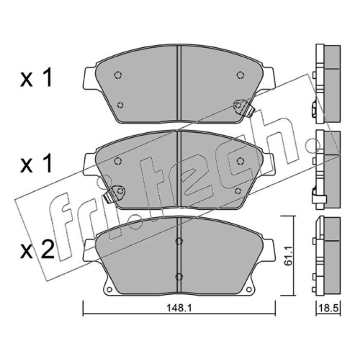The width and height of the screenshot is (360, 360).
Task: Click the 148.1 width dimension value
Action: point(179,308)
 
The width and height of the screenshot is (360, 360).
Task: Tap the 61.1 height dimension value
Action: point(288,256)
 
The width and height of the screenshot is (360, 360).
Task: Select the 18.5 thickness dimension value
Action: point(328,308)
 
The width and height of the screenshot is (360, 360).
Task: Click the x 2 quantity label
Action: point(37,250)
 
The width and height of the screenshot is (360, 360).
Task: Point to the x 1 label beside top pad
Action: point(36,78)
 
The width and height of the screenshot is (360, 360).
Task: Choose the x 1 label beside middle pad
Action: point(36,164)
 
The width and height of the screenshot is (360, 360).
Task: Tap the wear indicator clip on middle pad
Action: point(115,193)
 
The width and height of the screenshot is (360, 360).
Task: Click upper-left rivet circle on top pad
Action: point(118,75)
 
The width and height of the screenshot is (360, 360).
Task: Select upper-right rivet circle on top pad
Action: point(240,75)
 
